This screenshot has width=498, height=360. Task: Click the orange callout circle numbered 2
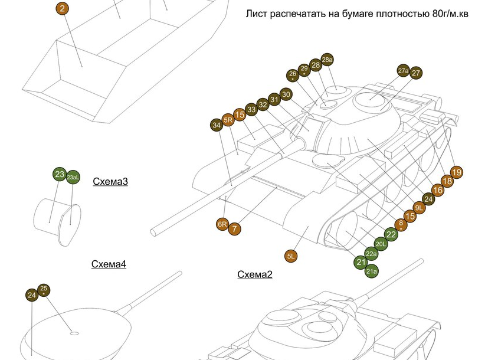[x=63, y=8]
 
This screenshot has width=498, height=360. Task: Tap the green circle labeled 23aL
[x=73, y=177]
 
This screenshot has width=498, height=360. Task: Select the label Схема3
[x=110, y=181]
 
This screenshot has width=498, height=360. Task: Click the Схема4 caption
[x=109, y=264]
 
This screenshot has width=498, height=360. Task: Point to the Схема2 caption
[x=255, y=274]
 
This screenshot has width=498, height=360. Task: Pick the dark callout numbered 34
[x=217, y=125]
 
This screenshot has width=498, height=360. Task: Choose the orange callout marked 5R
[x=228, y=120]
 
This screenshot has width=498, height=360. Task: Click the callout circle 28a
[x=327, y=60]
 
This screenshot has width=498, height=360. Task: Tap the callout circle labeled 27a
[x=404, y=71]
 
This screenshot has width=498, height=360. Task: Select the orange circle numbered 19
[x=456, y=172]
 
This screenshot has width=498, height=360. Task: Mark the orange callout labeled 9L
[x=419, y=208]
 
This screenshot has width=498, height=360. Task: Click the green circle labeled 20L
[x=381, y=244]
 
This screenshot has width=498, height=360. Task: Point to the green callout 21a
[x=372, y=271]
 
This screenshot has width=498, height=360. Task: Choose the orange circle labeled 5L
[x=291, y=256]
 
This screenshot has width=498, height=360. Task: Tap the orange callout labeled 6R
[x=222, y=224]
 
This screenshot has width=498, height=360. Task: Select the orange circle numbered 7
[x=234, y=229]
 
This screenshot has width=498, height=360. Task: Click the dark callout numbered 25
[x=44, y=290]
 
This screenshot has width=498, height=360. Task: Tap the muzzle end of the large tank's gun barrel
[x=153, y=233]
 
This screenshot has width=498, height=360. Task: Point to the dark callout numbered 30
[x=286, y=94]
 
